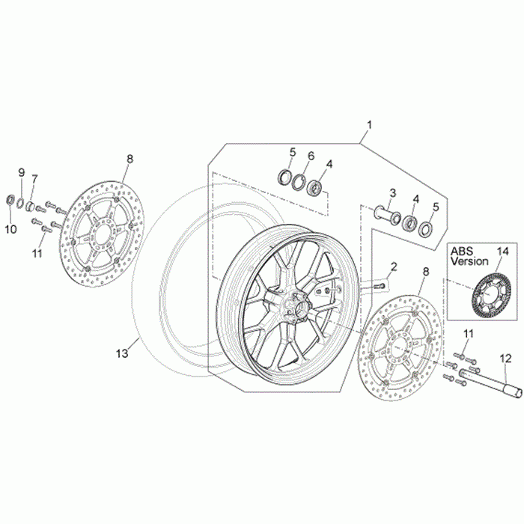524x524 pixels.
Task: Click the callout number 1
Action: point(368,124)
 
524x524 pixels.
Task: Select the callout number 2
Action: point(393,266)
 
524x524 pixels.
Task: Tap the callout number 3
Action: point(392,194)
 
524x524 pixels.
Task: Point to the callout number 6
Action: point(311,156)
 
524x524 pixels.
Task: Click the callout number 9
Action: point(21,173)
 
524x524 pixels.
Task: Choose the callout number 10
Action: point(10,229)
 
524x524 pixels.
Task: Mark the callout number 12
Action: point(505,359)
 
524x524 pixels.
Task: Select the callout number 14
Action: point(502,251)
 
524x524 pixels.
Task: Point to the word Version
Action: point(470,262)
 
